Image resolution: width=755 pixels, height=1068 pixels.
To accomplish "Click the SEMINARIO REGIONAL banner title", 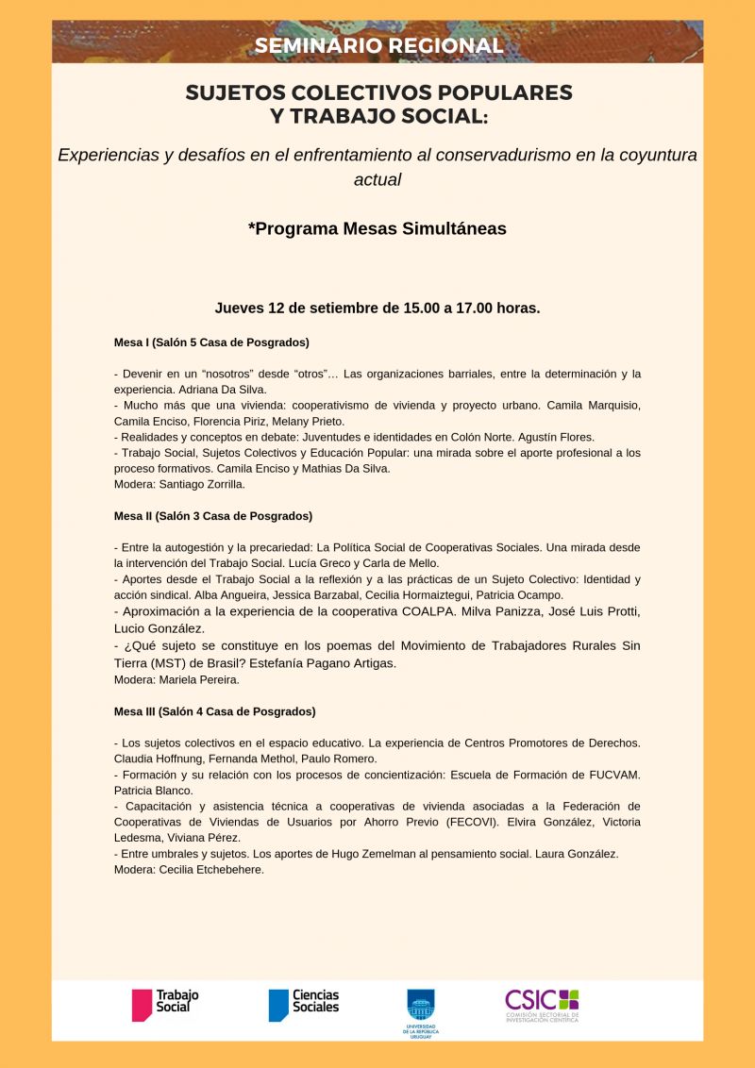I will coord(377,45).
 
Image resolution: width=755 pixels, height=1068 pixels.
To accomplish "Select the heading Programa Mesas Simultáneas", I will coord(377,228).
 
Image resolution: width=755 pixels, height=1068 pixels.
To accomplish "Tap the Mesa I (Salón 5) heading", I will coord(211,342).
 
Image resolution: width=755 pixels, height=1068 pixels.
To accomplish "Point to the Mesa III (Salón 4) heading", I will coord(214,711).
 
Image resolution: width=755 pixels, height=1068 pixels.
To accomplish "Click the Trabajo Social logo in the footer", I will coord(165,1003).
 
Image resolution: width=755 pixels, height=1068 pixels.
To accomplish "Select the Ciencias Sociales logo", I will coord(303,1003).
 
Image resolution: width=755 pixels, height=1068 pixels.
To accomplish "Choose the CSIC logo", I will coord(542,1004).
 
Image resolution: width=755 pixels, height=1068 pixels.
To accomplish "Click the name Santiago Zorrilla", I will coord(205,484).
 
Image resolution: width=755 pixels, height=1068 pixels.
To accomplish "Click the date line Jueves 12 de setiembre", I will coord(377,308).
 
